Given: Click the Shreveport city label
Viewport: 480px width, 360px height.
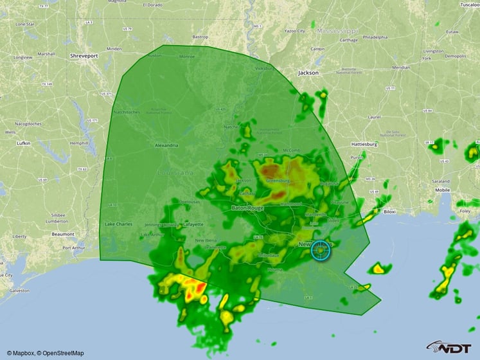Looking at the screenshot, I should pos(84,56).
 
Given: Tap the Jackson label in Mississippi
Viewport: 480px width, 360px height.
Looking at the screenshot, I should pos(308,73).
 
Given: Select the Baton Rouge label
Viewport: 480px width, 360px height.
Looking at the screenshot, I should pos(247,208).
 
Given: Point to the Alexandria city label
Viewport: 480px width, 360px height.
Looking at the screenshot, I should pos(166,145).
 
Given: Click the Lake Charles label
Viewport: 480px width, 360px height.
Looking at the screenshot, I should pos(118,224).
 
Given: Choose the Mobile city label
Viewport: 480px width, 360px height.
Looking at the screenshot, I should pos(442,190).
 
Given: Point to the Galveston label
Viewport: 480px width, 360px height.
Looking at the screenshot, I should pos(19,291).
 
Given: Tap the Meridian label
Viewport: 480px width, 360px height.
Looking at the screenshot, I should pos(401,67).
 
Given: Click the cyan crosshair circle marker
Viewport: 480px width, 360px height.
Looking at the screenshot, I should pos(321,251).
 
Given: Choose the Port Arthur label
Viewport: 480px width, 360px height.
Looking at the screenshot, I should pos(74,248).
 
